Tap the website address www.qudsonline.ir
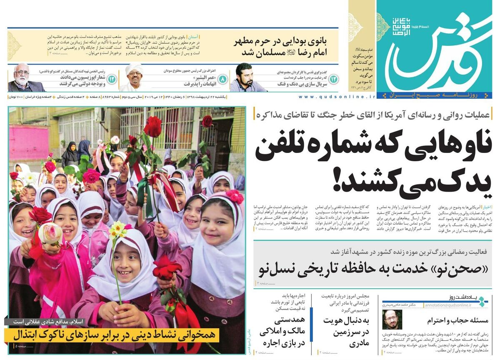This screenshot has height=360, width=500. click(337, 97)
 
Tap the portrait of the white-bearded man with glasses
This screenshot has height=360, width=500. click(24, 78)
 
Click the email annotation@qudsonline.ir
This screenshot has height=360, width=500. click(448, 305)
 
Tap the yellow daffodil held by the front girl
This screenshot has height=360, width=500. click(117, 228)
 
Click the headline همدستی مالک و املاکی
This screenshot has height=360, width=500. click(283, 332)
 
